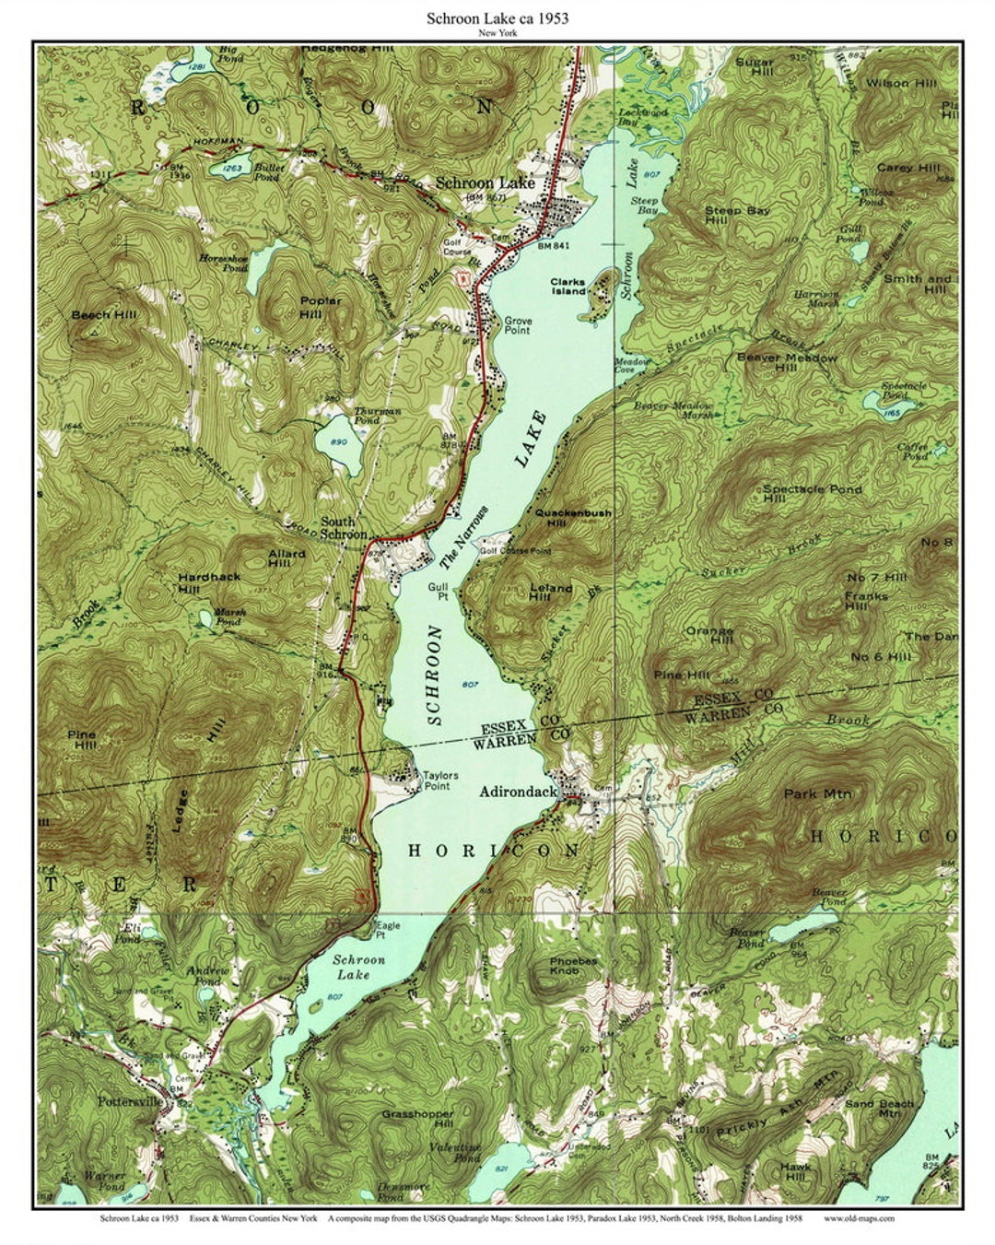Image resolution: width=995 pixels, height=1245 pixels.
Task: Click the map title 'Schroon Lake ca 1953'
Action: (497, 18)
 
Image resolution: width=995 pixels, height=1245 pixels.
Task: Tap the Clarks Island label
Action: (568, 287)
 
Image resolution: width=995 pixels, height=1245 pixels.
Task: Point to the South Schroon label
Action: (344, 528)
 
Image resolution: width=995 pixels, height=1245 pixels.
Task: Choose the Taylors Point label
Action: (439, 781)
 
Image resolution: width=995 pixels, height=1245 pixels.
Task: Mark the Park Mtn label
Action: (817, 793)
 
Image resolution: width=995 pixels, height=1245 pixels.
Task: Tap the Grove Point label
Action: (517, 325)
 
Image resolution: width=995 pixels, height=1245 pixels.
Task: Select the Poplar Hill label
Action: (320, 306)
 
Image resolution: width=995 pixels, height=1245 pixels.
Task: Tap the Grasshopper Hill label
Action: (417, 1119)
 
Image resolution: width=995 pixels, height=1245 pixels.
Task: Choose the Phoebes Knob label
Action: (573, 965)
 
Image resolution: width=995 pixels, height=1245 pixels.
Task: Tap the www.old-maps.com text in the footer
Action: (859, 1218)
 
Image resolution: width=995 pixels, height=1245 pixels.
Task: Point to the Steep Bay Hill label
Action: (737, 216)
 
